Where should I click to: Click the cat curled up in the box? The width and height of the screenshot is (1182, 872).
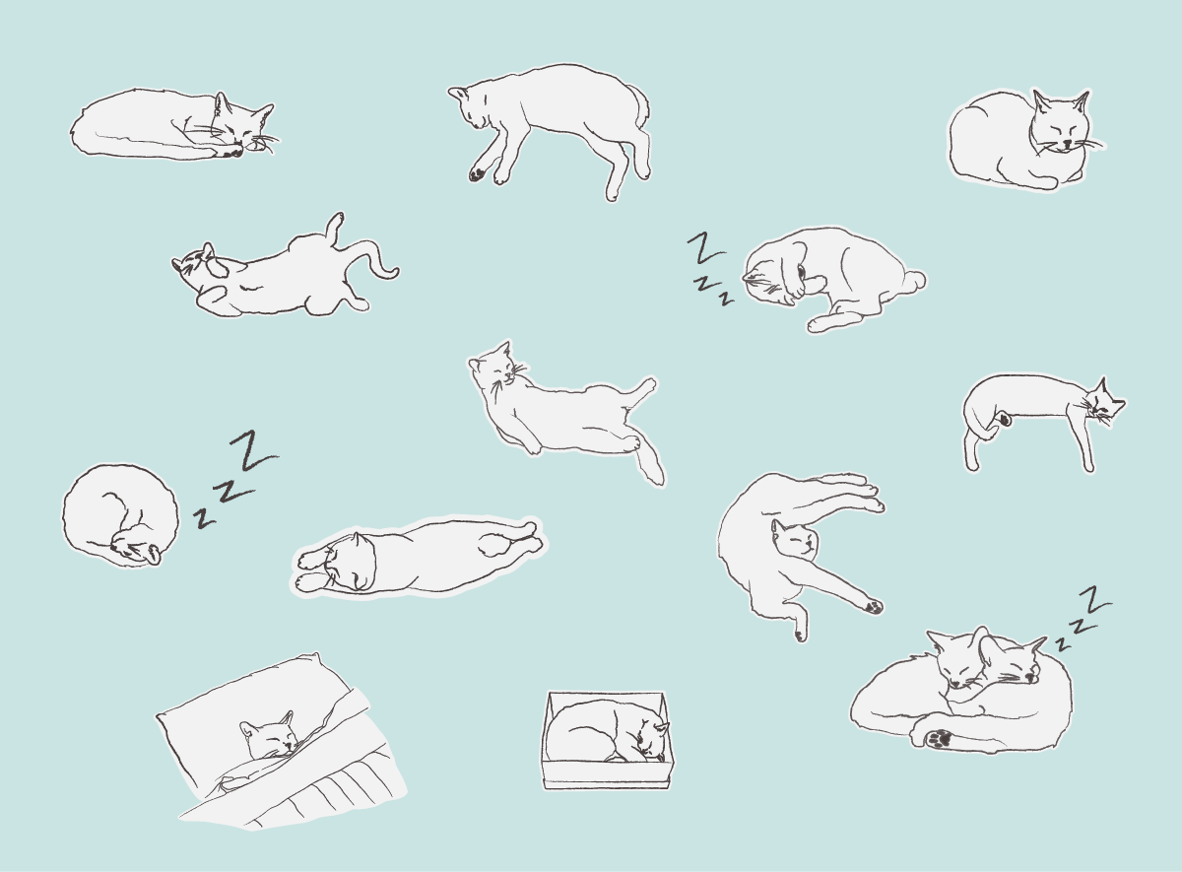tap(607, 732)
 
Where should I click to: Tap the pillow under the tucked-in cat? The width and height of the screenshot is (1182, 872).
tap(248, 707)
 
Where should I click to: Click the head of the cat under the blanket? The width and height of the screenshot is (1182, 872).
tap(269, 735)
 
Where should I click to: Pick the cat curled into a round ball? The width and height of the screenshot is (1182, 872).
tap(120, 515)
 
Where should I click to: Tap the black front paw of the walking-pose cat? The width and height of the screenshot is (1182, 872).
tap(477, 174)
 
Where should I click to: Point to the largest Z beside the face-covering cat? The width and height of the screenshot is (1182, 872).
tap(706, 247)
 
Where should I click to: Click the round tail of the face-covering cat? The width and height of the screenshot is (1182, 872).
tap(914, 280)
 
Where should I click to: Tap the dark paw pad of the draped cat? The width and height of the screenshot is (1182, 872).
tap(1005, 420)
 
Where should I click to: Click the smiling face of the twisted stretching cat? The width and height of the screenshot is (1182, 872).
tap(796, 541)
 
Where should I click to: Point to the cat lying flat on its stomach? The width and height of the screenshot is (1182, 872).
tap(420, 557)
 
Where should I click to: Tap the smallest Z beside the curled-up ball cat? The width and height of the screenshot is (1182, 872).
tap(204, 518)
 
